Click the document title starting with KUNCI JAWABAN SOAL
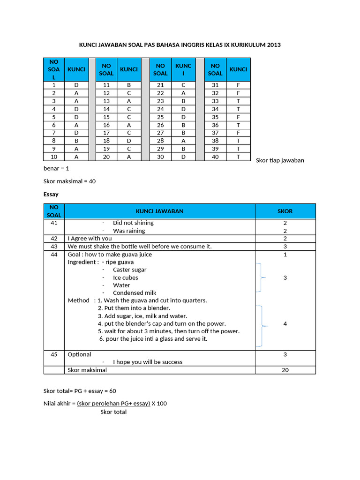[x=180, y=45]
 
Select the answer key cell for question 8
[x=76, y=140]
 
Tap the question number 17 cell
[x=106, y=133]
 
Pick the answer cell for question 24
[x=183, y=109]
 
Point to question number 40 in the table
[x=215, y=157]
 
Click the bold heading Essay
[x=51, y=194]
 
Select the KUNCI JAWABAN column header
[x=159, y=211]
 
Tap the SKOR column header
[x=285, y=211]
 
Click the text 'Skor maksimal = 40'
[x=69, y=181]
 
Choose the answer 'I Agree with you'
[x=90, y=239]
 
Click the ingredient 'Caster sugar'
[x=129, y=270]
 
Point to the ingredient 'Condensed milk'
[x=135, y=292]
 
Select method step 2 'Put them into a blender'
[x=134, y=308]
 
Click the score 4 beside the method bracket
[x=285, y=323]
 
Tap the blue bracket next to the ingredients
[x=260, y=277]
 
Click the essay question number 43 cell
[x=54, y=246]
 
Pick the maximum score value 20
[x=285, y=370]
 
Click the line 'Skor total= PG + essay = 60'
[x=80, y=391]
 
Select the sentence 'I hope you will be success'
[x=148, y=362]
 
